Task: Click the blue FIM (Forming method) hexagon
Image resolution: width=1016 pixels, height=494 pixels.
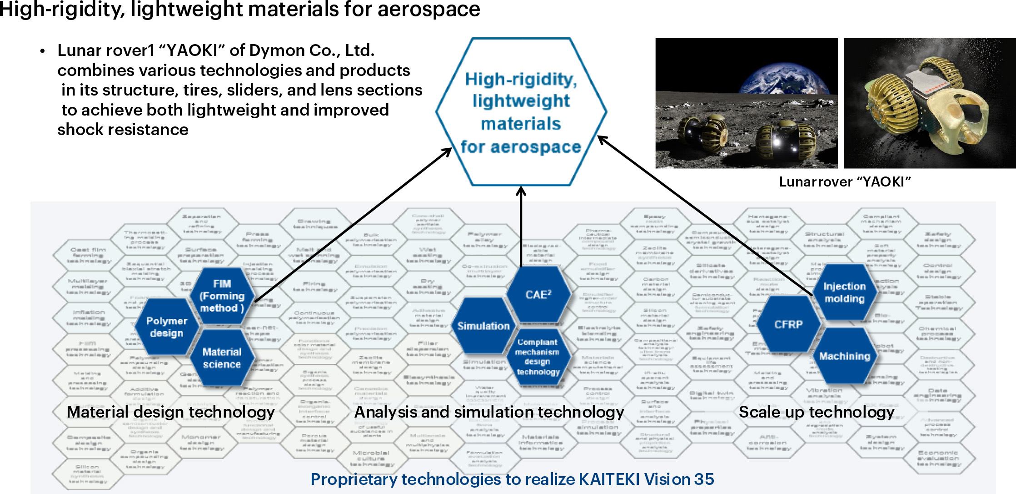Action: [222, 296]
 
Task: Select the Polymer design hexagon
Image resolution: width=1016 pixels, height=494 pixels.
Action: [167, 327]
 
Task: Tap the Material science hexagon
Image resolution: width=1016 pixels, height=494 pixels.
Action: [222, 358]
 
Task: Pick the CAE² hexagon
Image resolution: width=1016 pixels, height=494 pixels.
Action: [538, 294]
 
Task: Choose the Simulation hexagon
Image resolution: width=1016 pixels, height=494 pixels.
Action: [483, 326]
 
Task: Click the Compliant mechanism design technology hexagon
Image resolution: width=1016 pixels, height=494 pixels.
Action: [538, 357]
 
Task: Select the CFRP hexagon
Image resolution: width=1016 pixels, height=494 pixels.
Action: [788, 324]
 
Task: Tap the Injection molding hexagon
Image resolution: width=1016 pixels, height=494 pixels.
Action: [844, 292]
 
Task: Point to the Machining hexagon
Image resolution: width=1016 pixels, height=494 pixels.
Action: [844, 356]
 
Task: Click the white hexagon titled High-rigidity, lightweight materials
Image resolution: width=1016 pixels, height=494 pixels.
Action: [521, 112]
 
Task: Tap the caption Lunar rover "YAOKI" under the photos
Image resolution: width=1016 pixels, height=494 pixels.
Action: [845, 182]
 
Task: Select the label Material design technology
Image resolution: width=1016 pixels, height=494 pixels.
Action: [170, 412]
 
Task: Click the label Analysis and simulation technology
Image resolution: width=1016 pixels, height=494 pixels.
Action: [489, 412]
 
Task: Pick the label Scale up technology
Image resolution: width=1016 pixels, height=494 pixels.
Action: [817, 412]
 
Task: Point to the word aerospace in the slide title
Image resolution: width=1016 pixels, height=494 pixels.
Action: [428, 9]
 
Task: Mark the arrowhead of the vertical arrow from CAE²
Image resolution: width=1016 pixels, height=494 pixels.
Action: [521, 190]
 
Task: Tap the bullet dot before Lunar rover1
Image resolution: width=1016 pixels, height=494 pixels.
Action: [42, 51]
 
